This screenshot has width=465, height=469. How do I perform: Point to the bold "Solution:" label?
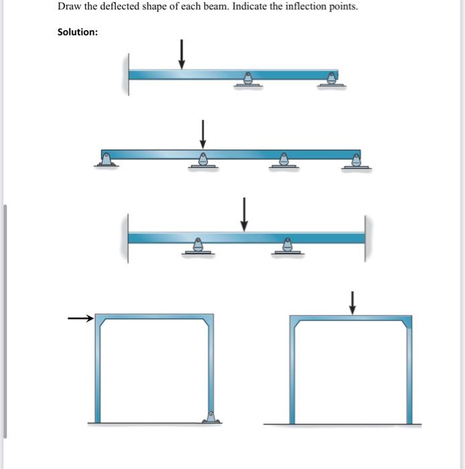(78, 32)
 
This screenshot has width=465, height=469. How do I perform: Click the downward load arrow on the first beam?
(181, 54)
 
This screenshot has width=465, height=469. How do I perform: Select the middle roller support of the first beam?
(248, 80)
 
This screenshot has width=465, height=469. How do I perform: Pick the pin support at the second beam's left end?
(107, 159)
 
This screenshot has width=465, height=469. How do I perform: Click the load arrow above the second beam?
(202, 134)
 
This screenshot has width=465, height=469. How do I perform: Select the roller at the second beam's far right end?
(356, 161)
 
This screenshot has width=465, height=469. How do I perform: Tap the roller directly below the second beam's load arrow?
(202, 161)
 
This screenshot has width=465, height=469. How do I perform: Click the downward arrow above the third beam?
(245, 214)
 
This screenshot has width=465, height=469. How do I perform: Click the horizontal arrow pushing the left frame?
(80, 320)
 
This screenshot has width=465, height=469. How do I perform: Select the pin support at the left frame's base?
(212, 417)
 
